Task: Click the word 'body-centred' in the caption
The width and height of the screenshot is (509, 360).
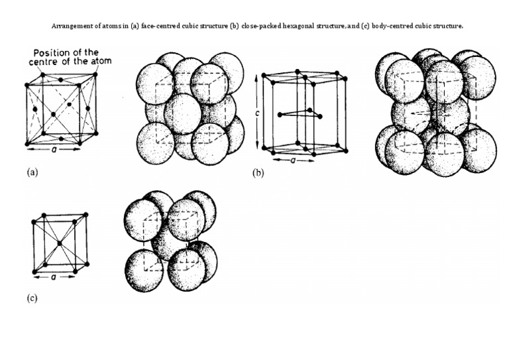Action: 397,27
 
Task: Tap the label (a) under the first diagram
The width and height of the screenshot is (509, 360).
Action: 32,172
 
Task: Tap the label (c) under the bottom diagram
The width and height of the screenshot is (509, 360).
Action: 32,298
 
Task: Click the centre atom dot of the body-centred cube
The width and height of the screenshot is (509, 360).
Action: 59,244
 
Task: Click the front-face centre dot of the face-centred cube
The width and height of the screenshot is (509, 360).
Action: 53,115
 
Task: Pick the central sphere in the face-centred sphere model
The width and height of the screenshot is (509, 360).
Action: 183,112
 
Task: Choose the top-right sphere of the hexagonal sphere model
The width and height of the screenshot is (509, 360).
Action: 475,76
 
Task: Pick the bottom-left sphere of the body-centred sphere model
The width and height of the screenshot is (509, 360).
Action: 144,269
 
